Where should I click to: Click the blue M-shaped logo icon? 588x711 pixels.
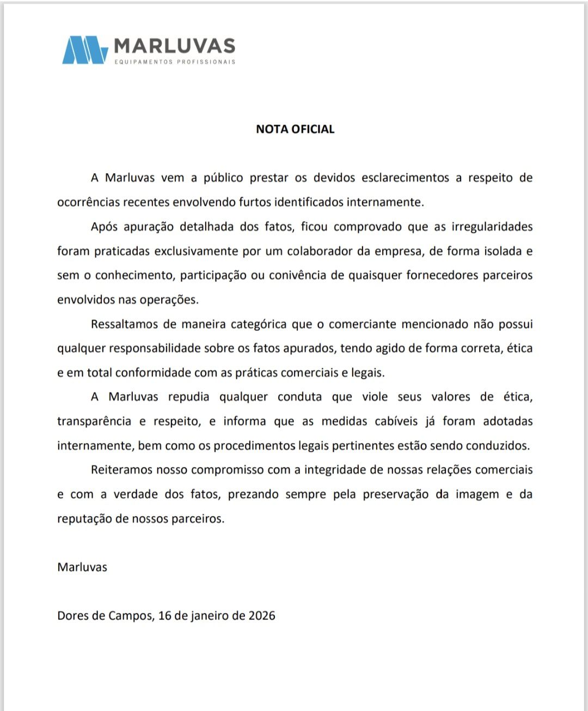click(x=85, y=50)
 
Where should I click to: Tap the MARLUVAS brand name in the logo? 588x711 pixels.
click(x=175, y=46)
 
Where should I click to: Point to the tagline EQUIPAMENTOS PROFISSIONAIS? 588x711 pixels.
click(x=175, y=62)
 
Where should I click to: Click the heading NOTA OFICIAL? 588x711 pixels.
click(x=295, y=129)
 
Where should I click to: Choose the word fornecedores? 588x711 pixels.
click(x=441, y=275)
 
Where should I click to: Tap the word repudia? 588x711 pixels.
click(x=188, y=396)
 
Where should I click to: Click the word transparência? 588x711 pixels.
click(x=94, y=421)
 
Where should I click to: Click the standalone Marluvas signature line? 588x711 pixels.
click(x=82, y=567)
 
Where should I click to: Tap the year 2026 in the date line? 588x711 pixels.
click(x=262, y=615)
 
